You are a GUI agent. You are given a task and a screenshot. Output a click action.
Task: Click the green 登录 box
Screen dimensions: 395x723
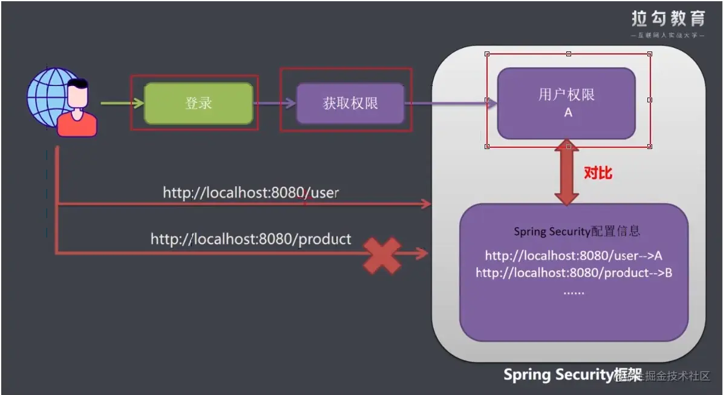(198, 104)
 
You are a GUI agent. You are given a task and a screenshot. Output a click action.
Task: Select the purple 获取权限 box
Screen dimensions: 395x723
(350, 104)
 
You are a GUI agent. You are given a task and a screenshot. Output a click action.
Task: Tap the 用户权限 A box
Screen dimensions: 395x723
(566, 104)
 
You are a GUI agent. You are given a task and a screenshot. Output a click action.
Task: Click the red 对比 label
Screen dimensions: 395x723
(598, 173)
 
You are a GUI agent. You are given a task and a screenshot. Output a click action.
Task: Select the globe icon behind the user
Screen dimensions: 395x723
(48, 97)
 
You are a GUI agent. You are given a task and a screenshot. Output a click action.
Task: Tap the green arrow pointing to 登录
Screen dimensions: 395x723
(121, 104)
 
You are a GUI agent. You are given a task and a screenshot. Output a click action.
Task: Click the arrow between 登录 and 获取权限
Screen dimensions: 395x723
(274, 104)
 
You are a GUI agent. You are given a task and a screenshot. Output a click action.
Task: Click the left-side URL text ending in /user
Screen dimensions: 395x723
(250, 193)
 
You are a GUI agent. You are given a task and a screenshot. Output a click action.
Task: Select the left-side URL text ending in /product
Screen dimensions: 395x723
(250, 239)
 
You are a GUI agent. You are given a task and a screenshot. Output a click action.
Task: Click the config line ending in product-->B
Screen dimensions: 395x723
(574, 273)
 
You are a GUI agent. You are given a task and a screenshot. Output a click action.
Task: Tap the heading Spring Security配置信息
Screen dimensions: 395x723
(577, 231)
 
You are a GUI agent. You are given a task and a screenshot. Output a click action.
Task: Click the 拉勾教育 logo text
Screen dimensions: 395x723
(668, 19)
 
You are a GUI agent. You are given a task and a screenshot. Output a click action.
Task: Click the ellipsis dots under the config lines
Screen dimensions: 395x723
(573, 292)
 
